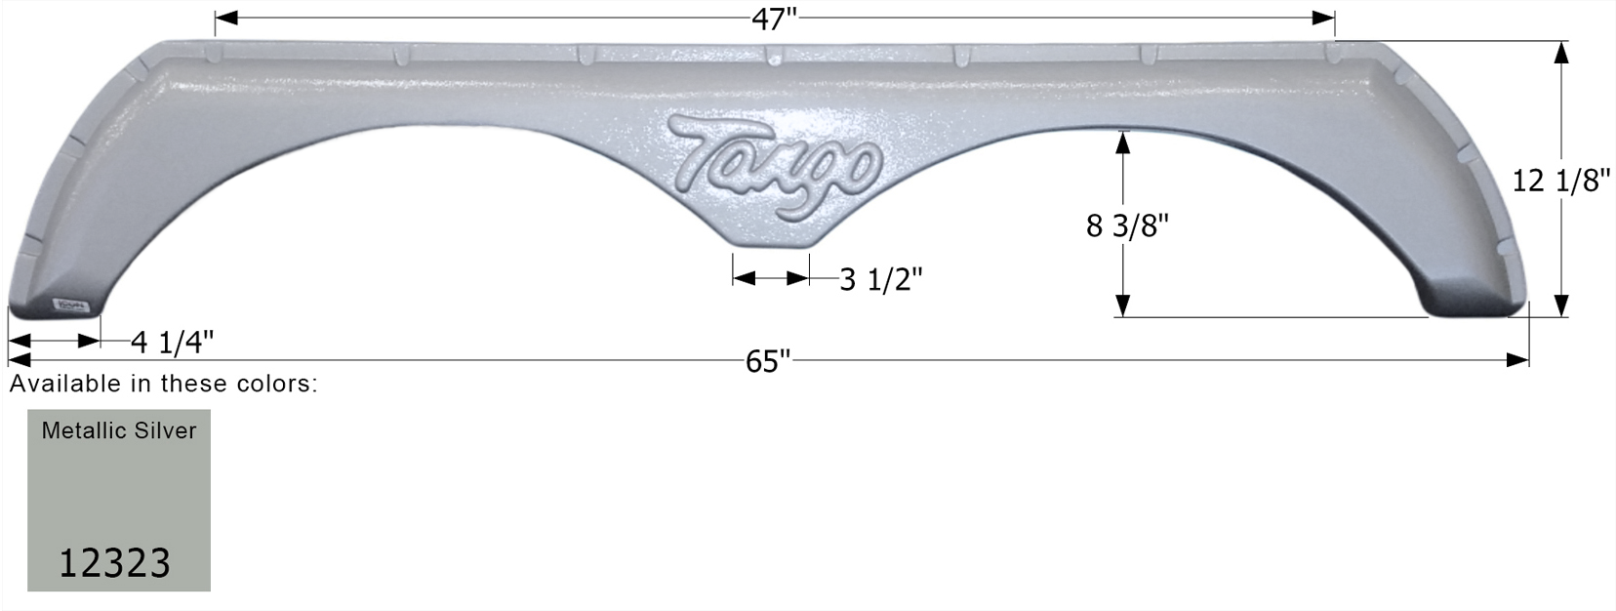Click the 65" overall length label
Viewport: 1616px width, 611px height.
coord(767,361)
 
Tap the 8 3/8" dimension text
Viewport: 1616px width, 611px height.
coord(1127,225)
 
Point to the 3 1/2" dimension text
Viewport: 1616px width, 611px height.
coord(880,280)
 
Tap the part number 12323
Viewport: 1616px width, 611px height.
coord(115,563)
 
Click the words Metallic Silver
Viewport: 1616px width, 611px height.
coord(119,430)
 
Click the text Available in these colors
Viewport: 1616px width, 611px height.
coord(164,384)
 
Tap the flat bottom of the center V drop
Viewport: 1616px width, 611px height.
coord(770,247)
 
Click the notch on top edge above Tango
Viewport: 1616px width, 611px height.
coord(770,55)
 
